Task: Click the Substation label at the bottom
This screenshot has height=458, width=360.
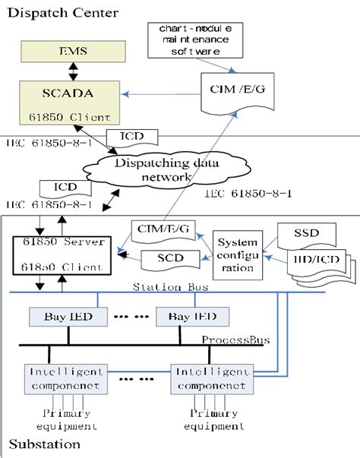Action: coord(37,443)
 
